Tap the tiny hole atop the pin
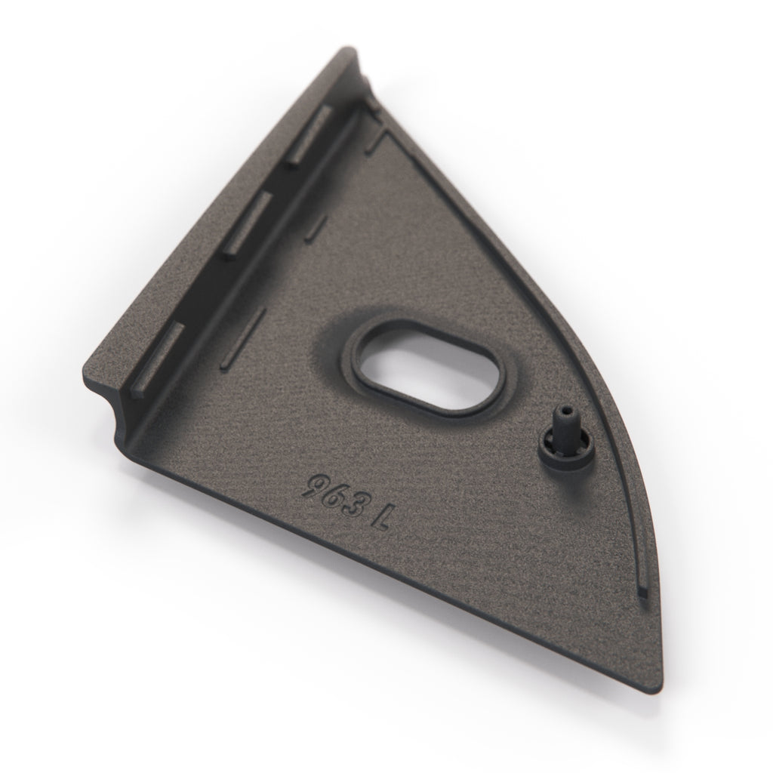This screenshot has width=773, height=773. coord(565,410)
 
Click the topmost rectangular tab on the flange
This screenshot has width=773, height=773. coord(309,136)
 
